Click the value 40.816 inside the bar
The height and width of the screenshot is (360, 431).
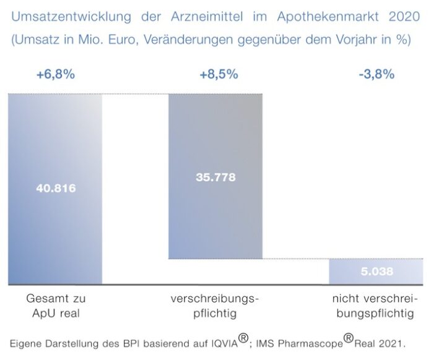[x=55, y=188]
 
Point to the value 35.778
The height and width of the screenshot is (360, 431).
[x=215, y=177]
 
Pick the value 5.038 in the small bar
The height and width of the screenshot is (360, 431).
[x=377, y=271]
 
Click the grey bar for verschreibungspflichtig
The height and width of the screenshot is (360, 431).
[x=215, y=223]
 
